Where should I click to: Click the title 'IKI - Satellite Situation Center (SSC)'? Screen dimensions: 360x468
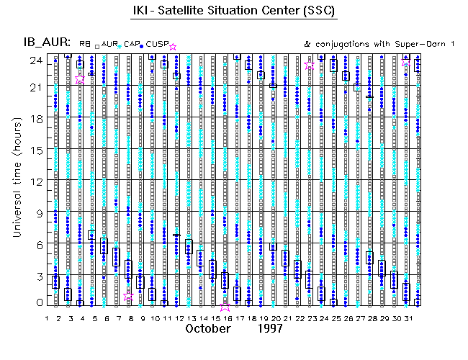pos(235,12)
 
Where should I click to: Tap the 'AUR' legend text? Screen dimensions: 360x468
pos(109,45)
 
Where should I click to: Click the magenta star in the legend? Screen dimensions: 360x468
pos(172,46)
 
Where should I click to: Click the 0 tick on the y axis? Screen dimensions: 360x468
pos(34,304)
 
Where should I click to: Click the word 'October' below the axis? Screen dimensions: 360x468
pos(208,329)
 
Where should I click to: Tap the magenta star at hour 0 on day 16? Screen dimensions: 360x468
pos(225,305)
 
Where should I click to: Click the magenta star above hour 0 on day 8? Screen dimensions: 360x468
pos(128,296)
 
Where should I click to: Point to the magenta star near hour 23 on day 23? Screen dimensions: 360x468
pos(310,66)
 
